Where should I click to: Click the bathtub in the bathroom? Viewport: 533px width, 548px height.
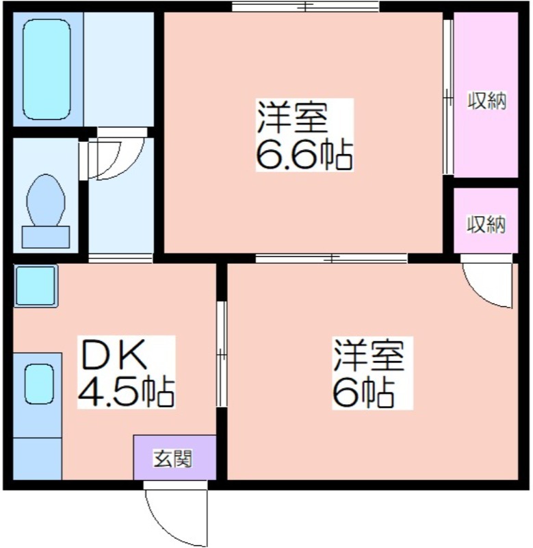[47, 69]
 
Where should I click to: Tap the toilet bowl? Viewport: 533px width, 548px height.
[46, 201]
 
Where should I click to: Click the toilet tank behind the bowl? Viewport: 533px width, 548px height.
[46, 237]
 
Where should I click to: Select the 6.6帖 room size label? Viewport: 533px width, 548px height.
[304, 155]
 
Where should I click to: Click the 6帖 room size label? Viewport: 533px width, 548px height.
[363, 393]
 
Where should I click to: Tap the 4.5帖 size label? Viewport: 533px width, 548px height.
[126, 391]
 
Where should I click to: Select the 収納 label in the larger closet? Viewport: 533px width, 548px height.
[486, 101]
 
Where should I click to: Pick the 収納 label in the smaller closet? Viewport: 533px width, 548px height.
[486, 225]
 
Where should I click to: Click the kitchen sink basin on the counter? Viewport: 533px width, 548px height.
[39, 384]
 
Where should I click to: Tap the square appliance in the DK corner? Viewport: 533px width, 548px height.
[36, 286]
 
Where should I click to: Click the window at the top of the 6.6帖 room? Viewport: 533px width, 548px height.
[306, 6]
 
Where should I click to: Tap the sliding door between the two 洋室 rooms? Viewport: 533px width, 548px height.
[331, 258]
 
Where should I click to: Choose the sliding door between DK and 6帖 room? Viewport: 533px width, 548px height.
[221, 354]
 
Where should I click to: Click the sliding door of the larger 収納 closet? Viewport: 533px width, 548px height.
[448, 97]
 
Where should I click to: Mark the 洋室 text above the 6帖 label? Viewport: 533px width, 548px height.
[369, 355]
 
